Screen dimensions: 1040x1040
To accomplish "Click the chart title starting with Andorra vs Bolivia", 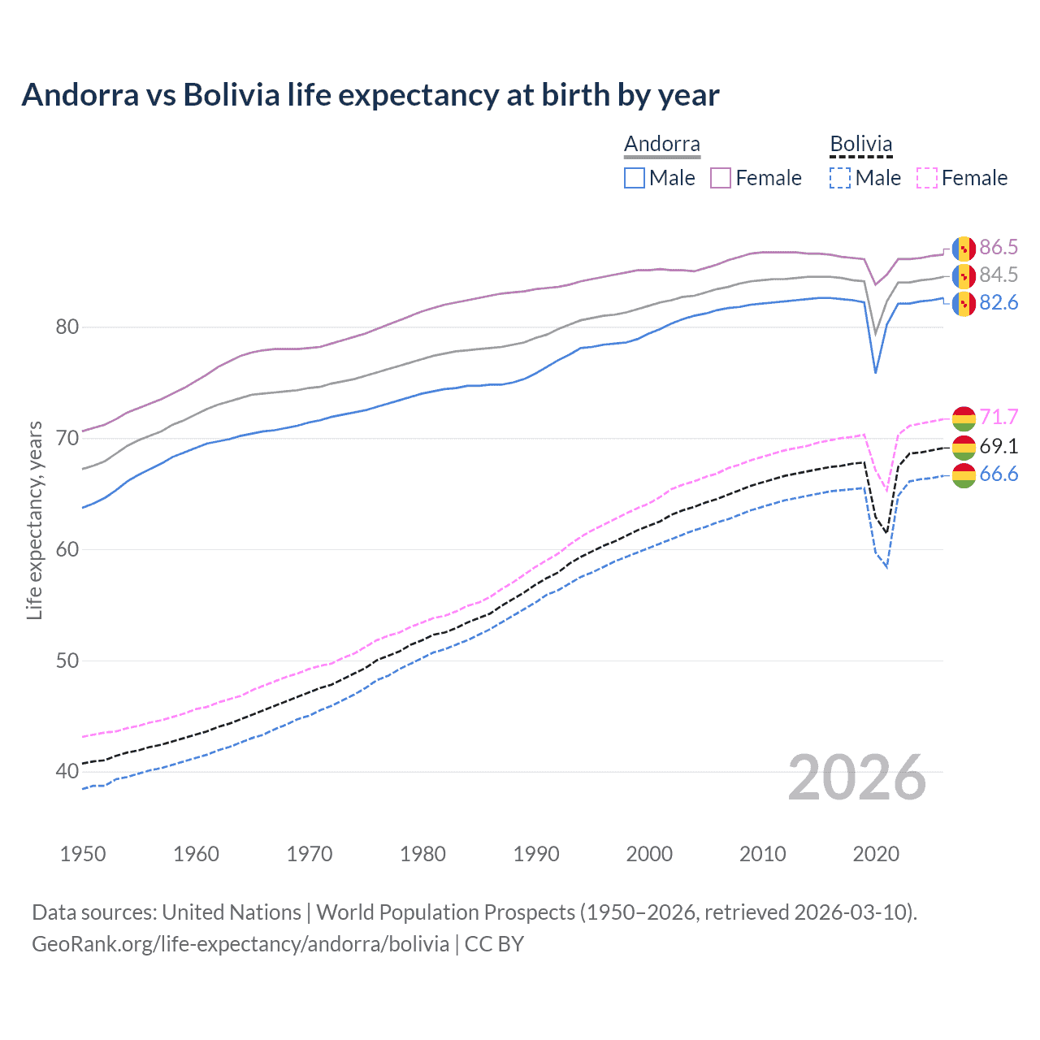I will [x=370, y=95].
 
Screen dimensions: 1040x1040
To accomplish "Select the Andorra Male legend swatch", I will [x=635, y=178].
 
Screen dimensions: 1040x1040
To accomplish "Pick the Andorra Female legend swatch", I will [x=721, y=178].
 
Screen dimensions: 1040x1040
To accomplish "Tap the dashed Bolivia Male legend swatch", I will [x=840, y=178].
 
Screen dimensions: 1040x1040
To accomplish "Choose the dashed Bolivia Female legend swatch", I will [x=927, y=178].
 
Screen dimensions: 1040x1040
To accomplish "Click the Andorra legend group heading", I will [x=661, y=145].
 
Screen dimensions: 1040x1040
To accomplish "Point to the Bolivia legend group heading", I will [x=860, y=145].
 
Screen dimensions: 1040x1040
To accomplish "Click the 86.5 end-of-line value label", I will [x=999, y=248].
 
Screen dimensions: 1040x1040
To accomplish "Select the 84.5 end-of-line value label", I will [x=999, y=275].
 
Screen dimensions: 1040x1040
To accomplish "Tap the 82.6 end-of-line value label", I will [x=999, y=303].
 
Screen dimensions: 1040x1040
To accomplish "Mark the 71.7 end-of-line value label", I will [x=999, y=418].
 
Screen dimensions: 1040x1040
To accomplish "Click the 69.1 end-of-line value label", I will [x=999, y=446].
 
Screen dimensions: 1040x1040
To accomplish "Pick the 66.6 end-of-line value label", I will [x=999, y=474].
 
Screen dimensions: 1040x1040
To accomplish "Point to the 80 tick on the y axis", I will [x=67, y=327].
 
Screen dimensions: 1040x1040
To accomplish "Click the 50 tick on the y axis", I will [x=67, y=661].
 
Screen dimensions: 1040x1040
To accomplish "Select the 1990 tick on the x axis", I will [x=536, y=854].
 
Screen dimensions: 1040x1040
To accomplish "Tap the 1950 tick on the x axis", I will [x=83, y=854].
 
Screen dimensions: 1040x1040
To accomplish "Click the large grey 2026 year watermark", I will [x=857, y=778].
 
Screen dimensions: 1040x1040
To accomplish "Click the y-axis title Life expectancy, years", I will [x=34, y=521].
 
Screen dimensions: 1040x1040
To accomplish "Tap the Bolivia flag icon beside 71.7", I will [x=964, y=418].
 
